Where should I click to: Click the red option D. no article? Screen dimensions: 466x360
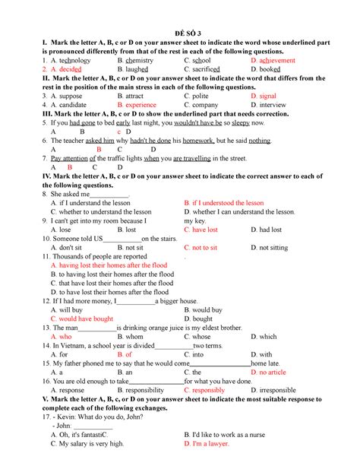point(273,372)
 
